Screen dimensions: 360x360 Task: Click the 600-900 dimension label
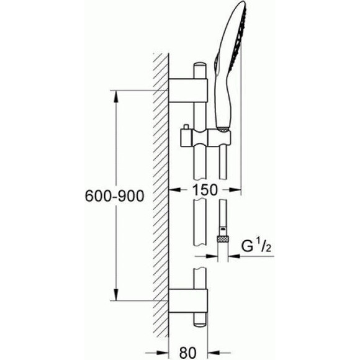coord(115,196)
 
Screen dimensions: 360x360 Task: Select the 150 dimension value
coord(205,190)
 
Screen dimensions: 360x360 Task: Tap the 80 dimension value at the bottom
coord(188,353)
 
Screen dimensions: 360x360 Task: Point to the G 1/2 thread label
coord(256,246)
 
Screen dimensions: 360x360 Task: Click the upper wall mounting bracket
coord(188,90)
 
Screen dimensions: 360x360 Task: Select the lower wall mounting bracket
coord(188,301)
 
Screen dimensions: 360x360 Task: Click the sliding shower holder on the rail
coord(205,138)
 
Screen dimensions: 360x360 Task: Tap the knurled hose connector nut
coord(223,239)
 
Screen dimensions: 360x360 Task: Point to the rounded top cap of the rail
coord(200,65)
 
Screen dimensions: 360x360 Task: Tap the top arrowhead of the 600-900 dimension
coord(117,96)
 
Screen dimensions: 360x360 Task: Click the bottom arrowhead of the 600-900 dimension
coord(117,295)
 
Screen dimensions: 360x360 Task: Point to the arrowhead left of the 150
coord(174,190)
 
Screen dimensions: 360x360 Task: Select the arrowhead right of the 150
coord(235,190)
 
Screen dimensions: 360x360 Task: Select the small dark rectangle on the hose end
coord(223,228)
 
